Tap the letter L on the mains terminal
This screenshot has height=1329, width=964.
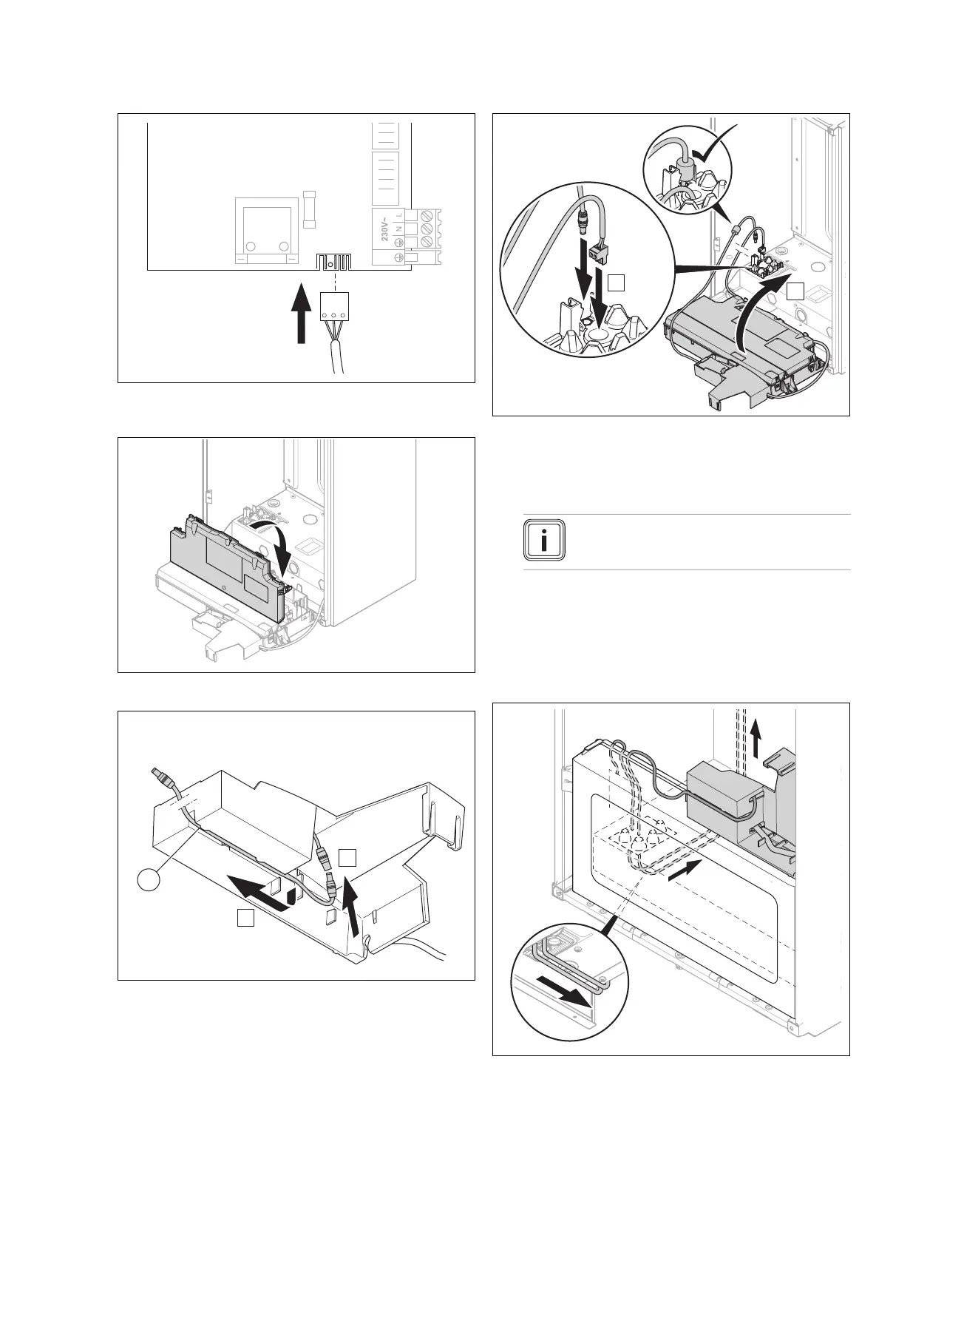pos(399,214)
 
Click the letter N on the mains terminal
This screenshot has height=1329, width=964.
pos(399,229)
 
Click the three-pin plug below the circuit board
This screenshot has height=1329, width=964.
pos(334,305)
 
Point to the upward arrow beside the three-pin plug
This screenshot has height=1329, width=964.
pos(300,315)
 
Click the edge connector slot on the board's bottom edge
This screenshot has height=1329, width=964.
pos(334,261)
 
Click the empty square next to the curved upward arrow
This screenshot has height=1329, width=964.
pos(795,291)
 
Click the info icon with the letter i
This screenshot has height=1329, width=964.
pos(546,542)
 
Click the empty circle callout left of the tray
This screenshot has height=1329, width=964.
pos(149,882)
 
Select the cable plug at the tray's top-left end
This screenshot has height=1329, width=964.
pos(162,780)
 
